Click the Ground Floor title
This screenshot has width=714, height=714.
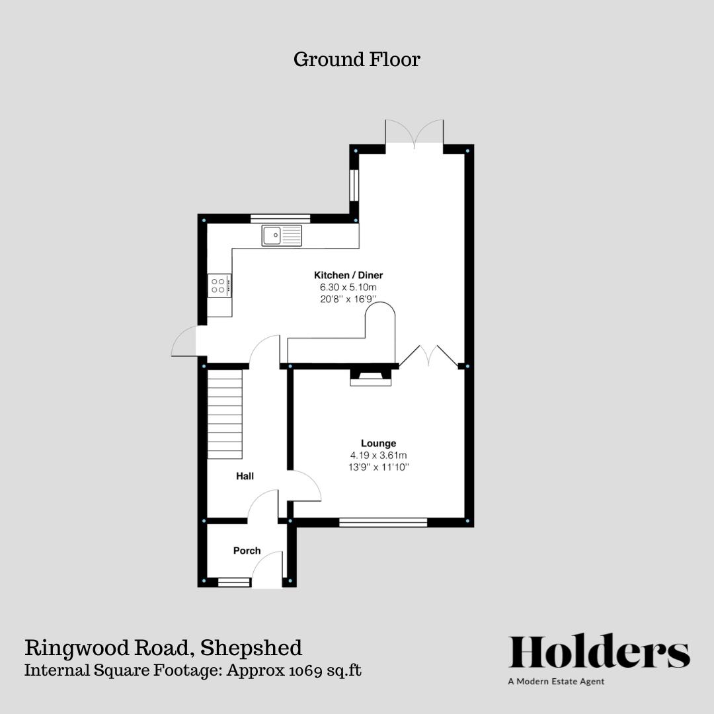(x=356, y=59)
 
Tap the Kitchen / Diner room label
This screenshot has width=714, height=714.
(x=348, y=275)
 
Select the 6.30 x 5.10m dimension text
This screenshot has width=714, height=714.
(x=348, y=287)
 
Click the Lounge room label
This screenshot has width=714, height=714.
(x=378, y=443)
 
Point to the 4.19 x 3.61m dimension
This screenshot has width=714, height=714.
(x=378, y=455)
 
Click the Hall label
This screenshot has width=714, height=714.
(x=245, y=476)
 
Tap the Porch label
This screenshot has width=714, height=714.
(x=247, y=550)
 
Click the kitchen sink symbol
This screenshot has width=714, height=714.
(x=281, y=235)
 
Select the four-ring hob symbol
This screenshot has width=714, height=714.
(x=219, y=285)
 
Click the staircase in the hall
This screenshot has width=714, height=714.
(x=225, y=414)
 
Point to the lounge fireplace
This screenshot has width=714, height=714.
(x=370, y=377)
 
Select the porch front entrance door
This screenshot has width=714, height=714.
(x=268, y=570)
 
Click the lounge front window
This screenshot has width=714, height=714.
(x=383, y=522)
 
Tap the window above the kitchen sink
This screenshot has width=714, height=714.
(x=280, y=218)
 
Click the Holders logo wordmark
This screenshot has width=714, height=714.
(x=599, y=652)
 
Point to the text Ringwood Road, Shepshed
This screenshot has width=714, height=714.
(x=163, y=647)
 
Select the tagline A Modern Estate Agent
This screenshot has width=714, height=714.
(x=556, y=681)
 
